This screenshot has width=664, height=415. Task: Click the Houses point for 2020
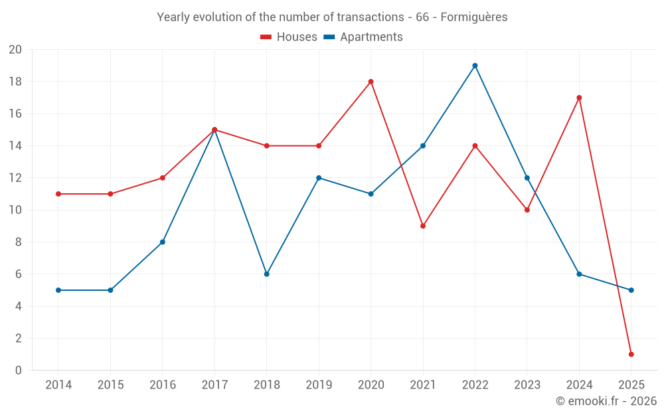(371, 82)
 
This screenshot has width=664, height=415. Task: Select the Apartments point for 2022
(475, 66)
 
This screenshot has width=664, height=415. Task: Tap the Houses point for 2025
(631, 354)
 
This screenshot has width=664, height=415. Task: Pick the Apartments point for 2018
(266, 274)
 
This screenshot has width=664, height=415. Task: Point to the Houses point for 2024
(579, 98)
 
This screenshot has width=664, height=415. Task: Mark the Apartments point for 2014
(58, 290)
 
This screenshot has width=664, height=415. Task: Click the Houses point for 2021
(423, 226)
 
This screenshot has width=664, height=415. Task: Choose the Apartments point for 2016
(163, 242)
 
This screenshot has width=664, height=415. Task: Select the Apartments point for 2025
(631, 290)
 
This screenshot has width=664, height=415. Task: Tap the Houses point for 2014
(58, 194)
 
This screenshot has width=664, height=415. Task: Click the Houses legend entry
(289, 37)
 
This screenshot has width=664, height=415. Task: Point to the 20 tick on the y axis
(15, 50)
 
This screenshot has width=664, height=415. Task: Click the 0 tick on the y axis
(19, 370)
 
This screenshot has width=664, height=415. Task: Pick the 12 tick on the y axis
(15, 178)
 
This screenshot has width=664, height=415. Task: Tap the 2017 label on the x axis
(214, 385)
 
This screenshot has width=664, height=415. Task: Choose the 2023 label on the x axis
(527, 385)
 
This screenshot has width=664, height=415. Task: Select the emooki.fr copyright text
(606, 401)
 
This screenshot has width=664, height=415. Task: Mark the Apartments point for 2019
(319, 178)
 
